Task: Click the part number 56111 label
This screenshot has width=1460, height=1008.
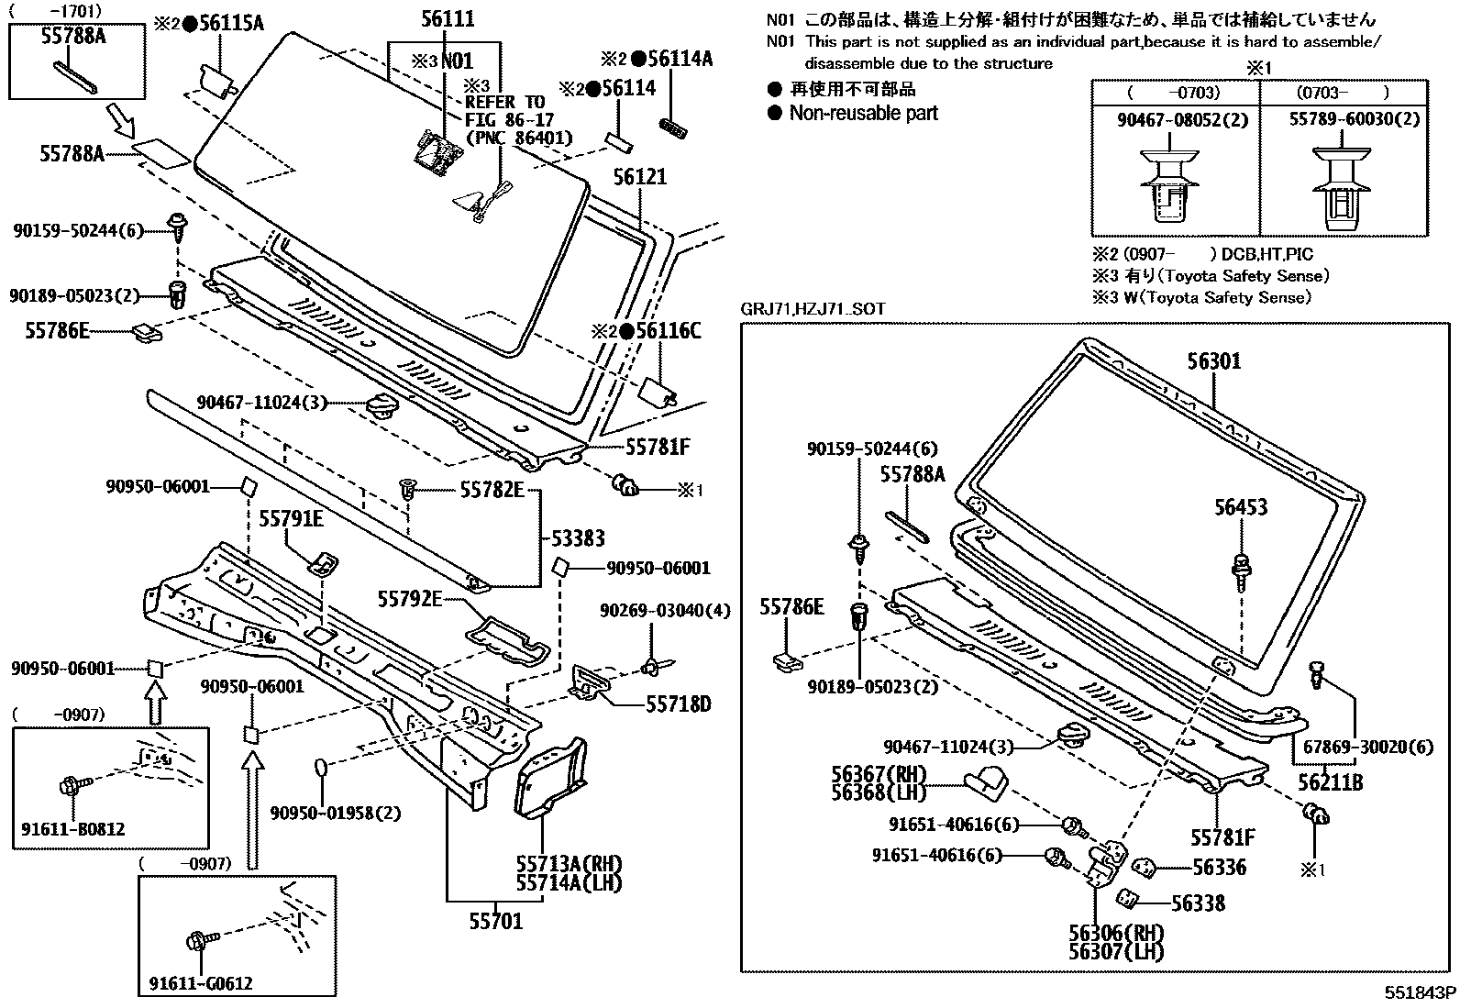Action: coord(448,19)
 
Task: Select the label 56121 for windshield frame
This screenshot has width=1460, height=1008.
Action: coord(639,177)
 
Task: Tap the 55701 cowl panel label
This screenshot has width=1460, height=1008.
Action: coord(495,921)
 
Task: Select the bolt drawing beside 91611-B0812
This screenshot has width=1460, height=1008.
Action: coord(74,785)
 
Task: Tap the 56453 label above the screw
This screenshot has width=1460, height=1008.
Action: coord(1241,507)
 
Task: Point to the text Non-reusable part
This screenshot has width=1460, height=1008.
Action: coord(863,114)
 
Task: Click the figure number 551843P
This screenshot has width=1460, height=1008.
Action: coord(1421,993)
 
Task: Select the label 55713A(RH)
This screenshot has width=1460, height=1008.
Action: coord(569,864)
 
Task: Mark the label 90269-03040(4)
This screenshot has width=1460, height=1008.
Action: coord(665,611)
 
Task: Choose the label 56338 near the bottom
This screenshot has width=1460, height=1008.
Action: coord(1198,903)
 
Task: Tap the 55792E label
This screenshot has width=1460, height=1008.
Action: coord(410,600)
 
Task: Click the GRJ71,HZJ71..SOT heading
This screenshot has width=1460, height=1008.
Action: coord(813,309)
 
